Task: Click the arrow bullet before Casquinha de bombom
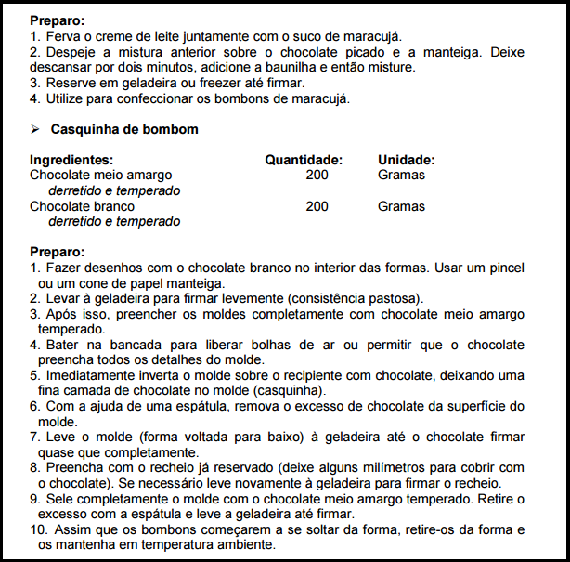[x=34, y=129]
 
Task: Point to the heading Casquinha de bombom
[x=124, y=129]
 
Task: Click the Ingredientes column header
[x=71, y=160]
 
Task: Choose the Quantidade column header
[x=304, y=160]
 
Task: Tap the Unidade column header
[x=406, y=160]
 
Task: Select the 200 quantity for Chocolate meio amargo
[x=317, y=175]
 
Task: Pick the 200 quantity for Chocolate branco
[x=317, y=206]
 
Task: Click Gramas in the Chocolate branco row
[x=401, y=206]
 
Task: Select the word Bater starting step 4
[x=63, y=345]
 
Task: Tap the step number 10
[x=37, y=529]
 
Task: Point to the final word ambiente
[x=246, y=544]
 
